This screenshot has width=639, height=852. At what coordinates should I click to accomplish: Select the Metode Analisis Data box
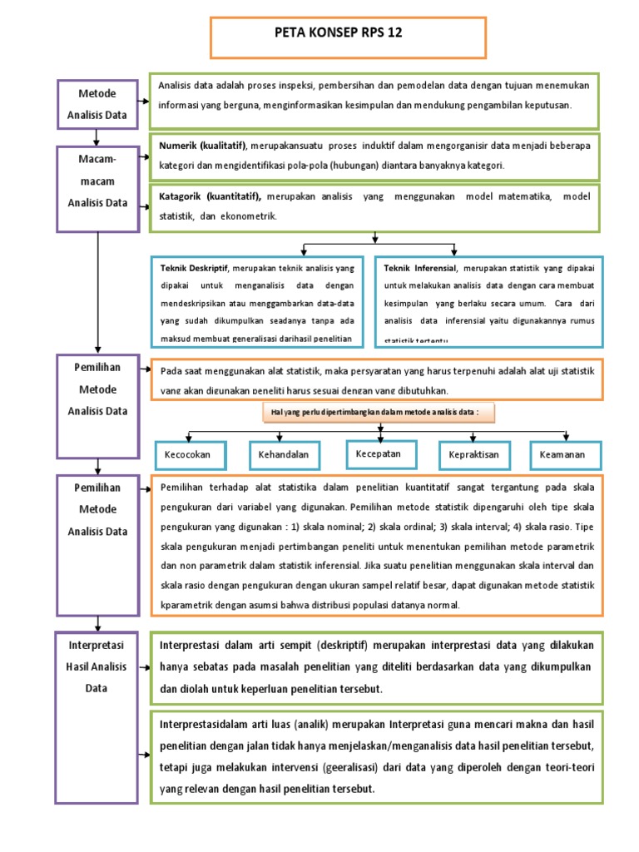97,104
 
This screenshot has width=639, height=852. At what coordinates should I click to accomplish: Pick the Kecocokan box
188,455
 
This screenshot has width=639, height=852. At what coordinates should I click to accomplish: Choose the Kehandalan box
284,455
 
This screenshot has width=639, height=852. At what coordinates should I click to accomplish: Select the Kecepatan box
379,453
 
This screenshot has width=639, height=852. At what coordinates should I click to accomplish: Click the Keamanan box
562,455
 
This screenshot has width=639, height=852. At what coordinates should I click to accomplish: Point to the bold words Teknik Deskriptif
192,269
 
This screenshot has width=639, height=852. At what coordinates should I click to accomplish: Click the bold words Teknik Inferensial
419,269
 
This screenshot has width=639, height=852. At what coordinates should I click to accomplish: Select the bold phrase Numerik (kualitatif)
203,146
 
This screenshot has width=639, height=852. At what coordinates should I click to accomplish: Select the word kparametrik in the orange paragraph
188,605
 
